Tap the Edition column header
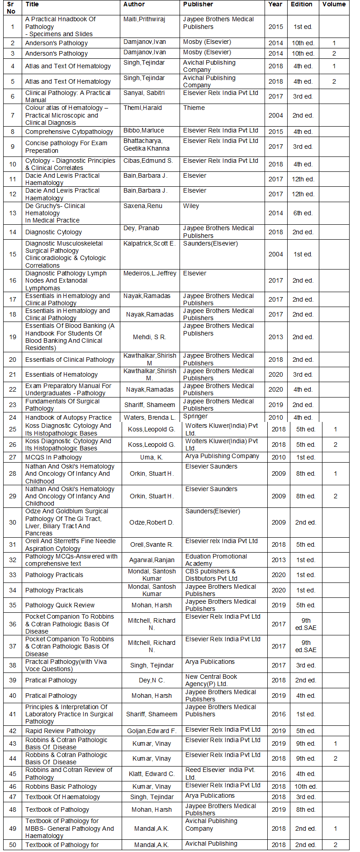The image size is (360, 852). (302, 5)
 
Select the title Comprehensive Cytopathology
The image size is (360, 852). (69, 132)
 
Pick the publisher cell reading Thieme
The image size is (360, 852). (194, 108)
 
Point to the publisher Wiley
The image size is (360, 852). (191, 206)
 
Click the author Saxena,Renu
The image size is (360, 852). (142, 206)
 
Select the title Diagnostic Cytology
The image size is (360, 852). (53, 232)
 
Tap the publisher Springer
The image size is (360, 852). (195, 416)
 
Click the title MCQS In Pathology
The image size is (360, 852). (54, 457)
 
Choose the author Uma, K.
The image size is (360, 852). (152, 457)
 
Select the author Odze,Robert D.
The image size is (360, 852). (152, 522)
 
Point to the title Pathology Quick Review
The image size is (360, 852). (60, 605)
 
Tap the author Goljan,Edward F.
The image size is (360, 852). (152, 731)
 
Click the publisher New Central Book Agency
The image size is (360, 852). (211, 680)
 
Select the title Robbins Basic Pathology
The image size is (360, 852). (61, 786)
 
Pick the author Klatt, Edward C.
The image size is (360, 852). (152, 774)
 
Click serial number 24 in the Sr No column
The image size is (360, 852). (13, 417)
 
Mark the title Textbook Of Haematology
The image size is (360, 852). (62, 797)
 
